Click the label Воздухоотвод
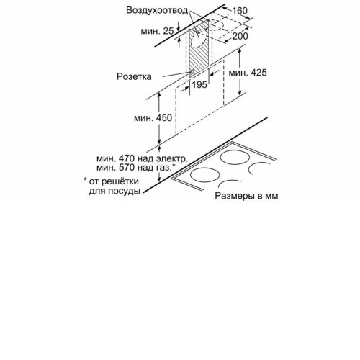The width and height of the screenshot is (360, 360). (x=157, y=11)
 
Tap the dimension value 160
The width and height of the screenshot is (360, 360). (x=240, y=11)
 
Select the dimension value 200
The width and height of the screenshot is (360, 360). (x=240, y=36)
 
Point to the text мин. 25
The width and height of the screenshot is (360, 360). (x=157, y=31)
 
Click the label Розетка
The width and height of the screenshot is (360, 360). (x=134, y=76)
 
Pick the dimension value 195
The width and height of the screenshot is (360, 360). (x=199, y=84)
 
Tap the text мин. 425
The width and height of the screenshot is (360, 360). (x=248, y=73)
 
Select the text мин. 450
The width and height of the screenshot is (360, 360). (x=153, y=118)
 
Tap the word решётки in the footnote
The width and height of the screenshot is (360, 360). (x=120, y=181)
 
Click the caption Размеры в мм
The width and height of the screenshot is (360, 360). (x=246, y=196)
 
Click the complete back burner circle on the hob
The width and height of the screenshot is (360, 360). (x=235, y=158)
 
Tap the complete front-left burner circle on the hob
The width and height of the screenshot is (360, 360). (x=204, y=175)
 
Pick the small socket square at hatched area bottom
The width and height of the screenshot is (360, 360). (x=192, y=71)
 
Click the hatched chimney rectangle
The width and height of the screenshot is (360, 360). (x=199, y=50)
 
